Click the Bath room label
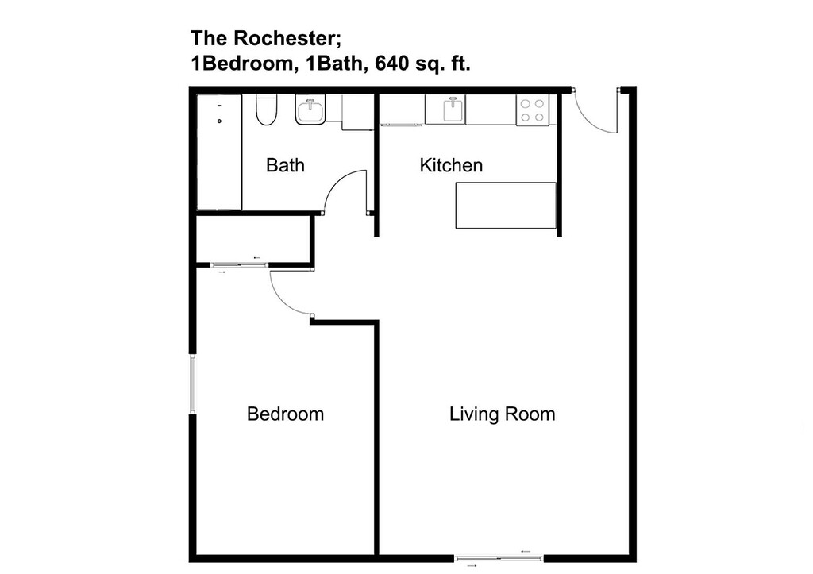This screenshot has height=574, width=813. coord(285,165)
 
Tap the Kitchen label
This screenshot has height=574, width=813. coord(451,165)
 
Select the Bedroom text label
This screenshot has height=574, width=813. coord(285,414)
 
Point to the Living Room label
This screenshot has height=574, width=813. coord(502,414)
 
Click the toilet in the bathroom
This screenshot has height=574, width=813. coord(267,110)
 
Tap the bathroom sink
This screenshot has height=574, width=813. coord(310,110)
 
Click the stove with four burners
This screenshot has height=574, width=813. coord(533,110)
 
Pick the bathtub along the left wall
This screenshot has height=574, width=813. coord(219,152)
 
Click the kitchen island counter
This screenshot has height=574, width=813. coord(506,206)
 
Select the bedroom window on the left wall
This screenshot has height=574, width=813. coord(192,383)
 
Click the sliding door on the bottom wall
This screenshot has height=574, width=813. coord(499,558)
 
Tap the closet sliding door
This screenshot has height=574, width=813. coord(240,265)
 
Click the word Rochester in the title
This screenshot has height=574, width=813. coord(287,38)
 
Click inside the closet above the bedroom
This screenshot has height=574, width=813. coord(253,238)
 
